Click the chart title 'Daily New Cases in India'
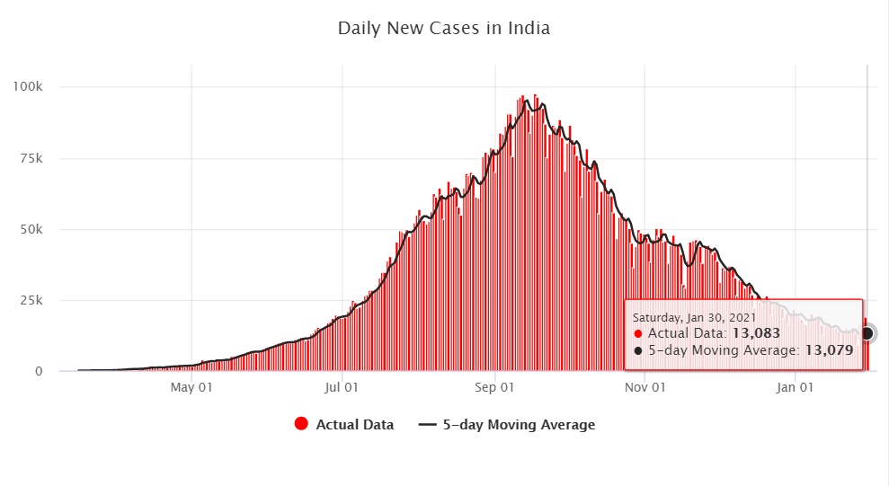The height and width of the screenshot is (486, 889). pos(444,28)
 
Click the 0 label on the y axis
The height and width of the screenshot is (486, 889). pos(40,371)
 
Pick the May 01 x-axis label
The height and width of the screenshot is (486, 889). pos(191,388)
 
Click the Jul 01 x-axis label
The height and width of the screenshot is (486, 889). pos(342,388)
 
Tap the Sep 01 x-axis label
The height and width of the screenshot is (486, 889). pos(493,388)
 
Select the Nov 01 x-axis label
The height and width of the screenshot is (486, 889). pos(645,388)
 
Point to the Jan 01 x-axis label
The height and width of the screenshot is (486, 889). pos(795,388)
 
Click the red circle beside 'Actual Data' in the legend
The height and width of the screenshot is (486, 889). pos(301,424)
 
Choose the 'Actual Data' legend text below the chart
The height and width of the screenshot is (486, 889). pos(355,425)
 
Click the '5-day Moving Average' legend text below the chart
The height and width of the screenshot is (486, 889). pos(519,425)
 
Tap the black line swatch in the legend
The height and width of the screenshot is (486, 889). pos(428,424)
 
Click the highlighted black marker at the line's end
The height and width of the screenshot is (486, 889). pos(867,333)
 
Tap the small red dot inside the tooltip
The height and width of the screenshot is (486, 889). pos(638,333)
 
